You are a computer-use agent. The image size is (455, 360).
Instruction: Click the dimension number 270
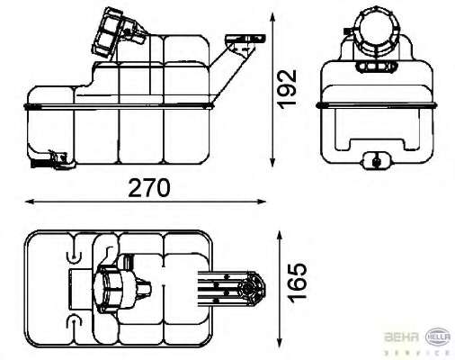pyautogui.click(x=149, y=188)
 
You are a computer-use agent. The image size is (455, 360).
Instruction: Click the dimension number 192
pyautogui.click(x=287, y=89)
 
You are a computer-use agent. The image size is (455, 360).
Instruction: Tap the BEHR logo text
pyautogui.click(x=401, y=337)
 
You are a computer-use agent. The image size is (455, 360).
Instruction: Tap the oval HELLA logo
pyautogui.click(x=438, y=337)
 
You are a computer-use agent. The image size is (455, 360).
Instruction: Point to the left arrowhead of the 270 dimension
pyautogui.click(x=29, y=202)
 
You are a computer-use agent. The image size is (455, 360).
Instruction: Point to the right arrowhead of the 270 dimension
pyautogui.click(x=262, y=202)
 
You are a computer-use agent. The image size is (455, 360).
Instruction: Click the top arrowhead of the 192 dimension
pyautogui.click(x=272, y=17)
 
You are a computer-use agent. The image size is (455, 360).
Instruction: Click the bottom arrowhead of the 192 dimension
pyautogui.click(x=272, y=162)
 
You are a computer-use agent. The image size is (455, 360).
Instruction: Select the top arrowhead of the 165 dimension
pyautogui.click(x=280, y=235)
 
